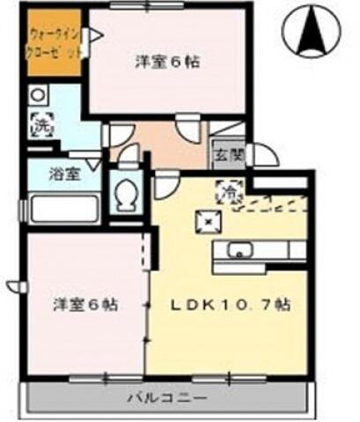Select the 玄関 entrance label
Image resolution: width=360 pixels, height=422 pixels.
(x=220, y=158)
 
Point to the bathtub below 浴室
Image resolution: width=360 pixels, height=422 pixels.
(x=63, y=211)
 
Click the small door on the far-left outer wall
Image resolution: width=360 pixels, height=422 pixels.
(x=15, y=286)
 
